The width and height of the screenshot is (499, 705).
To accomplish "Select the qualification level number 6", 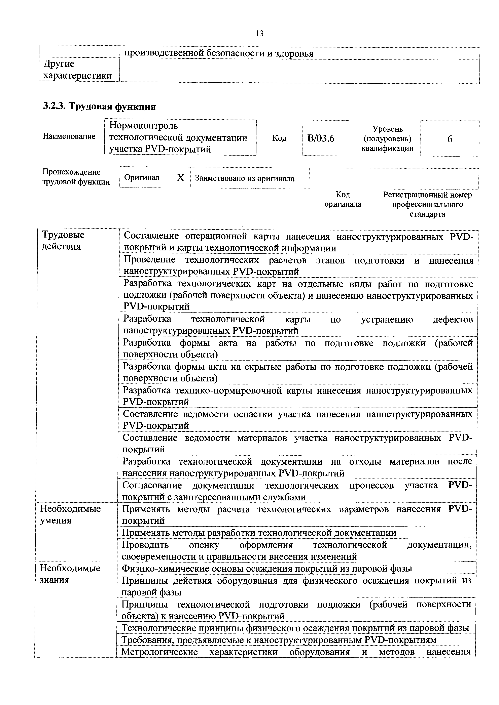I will click(450, 139).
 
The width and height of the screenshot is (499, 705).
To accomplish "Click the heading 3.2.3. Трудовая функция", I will click(99, 107).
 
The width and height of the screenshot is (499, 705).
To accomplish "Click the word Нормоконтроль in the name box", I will click(143, 126).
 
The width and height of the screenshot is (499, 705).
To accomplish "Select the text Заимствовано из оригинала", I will click(245, 178).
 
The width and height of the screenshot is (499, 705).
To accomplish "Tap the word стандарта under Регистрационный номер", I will click(427, 214).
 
